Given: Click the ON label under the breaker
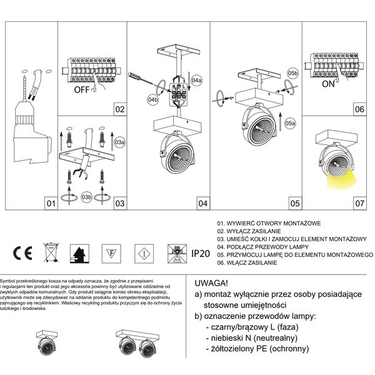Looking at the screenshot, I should [328, 83].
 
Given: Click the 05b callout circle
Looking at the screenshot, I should [292, 74].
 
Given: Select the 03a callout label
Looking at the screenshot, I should [121, 142].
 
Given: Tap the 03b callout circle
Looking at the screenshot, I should [87, 197].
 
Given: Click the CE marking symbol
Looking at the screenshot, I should [23, 253].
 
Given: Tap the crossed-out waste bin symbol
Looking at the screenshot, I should [49, 253].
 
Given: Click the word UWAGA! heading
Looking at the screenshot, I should [212, 282].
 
